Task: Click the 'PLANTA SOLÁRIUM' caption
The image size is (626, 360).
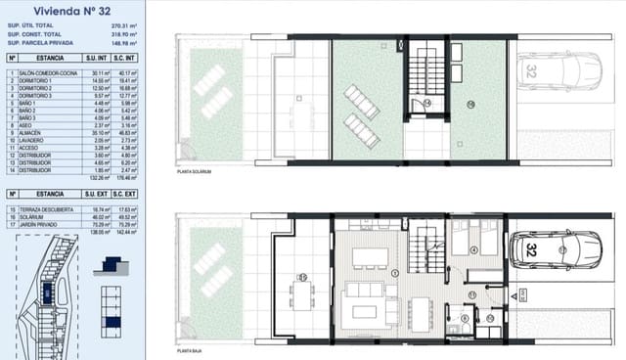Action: coord(195,171)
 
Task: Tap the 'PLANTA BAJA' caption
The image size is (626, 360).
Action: coord(190,348)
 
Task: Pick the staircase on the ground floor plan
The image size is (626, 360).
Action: coord(425,249)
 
